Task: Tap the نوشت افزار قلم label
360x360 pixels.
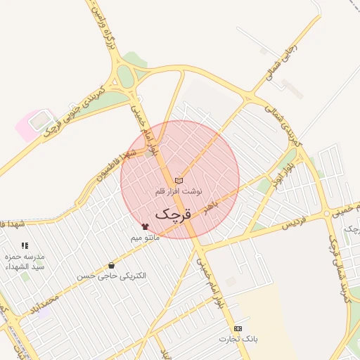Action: (179, 191)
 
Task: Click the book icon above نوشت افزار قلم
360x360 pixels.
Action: (179, 181)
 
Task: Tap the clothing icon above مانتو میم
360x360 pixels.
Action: (146, 227)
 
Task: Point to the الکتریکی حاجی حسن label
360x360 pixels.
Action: (112, 276)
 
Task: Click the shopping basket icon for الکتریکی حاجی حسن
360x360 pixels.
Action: (112, 265)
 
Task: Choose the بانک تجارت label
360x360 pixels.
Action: (238, 339)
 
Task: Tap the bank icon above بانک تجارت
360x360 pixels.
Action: (238, 328)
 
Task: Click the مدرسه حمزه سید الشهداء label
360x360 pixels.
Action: (25, 262)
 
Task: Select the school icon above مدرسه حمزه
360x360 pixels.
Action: (25, 246)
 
